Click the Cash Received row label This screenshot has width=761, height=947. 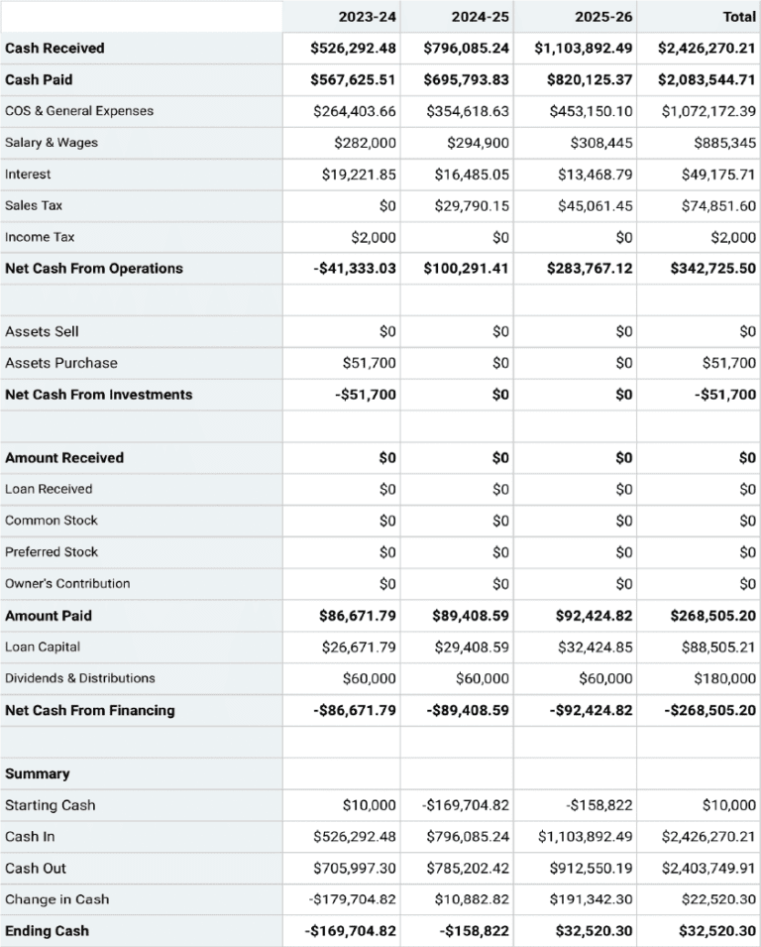coord(54,48)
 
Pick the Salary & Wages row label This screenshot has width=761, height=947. coord(52,143)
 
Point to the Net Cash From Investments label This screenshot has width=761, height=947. coord(98,395)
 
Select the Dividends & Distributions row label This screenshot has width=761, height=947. coord(80,678)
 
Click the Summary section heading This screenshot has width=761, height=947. coord(38,773)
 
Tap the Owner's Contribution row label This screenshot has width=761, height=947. coord(67,584)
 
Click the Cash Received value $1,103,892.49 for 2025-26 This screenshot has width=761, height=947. coord(584,48)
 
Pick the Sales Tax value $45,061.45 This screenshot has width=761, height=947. coord(592,206)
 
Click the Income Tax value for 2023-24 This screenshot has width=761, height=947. coord(374,237)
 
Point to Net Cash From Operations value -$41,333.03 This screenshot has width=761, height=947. coord(353,269)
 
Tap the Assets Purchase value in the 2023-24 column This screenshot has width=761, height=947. coord(369,363)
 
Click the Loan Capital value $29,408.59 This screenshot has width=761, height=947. coord(472,647)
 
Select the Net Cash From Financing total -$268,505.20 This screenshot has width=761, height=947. coord(709,710)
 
